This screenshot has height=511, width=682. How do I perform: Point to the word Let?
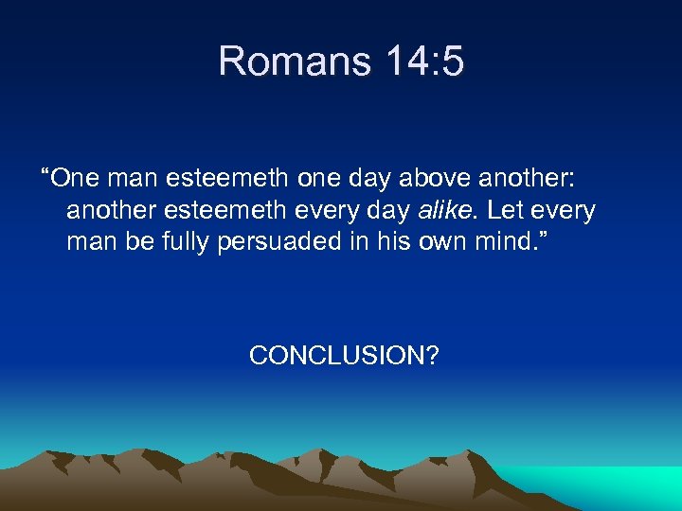pyautogui.click(x=505, y=210)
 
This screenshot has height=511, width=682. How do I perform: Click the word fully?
pyautogui.click(x=182, y=242)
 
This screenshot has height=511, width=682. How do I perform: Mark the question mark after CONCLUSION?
pyautogui.click(x=431, y=356)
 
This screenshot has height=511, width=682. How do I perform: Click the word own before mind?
pyautogui.click(x=445, y=242)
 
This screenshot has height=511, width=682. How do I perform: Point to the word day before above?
pyautogui.click(x=365, y=178)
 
